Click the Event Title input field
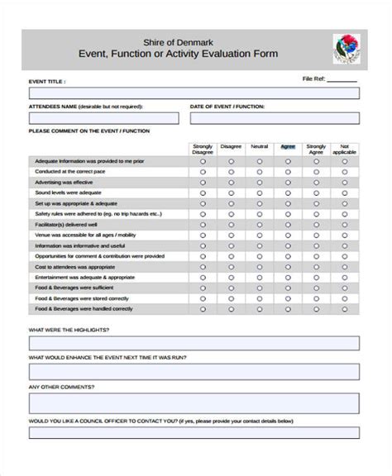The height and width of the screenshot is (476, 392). coord(194,94)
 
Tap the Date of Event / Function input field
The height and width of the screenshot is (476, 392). coord(275,119)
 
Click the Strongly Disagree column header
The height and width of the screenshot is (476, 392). coord(203,149)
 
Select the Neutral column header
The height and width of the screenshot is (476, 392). coord(259,147)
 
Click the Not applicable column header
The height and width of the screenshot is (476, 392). coord(345,149)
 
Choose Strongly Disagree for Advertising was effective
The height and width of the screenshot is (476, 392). coord(203,183)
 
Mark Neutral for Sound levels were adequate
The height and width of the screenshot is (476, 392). coord(259,193)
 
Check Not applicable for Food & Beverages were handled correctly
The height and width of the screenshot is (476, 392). coord(345,309)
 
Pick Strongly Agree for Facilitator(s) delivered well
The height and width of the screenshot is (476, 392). coord(316,224)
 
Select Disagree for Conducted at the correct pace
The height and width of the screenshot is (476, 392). coord(231,172)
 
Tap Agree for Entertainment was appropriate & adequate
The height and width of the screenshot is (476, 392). coord(288,277)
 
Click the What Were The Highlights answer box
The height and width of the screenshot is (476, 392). coord(194,342)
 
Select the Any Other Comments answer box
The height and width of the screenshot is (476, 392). coord(194,402)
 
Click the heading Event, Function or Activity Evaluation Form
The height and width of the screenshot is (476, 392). coord(178,55)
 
